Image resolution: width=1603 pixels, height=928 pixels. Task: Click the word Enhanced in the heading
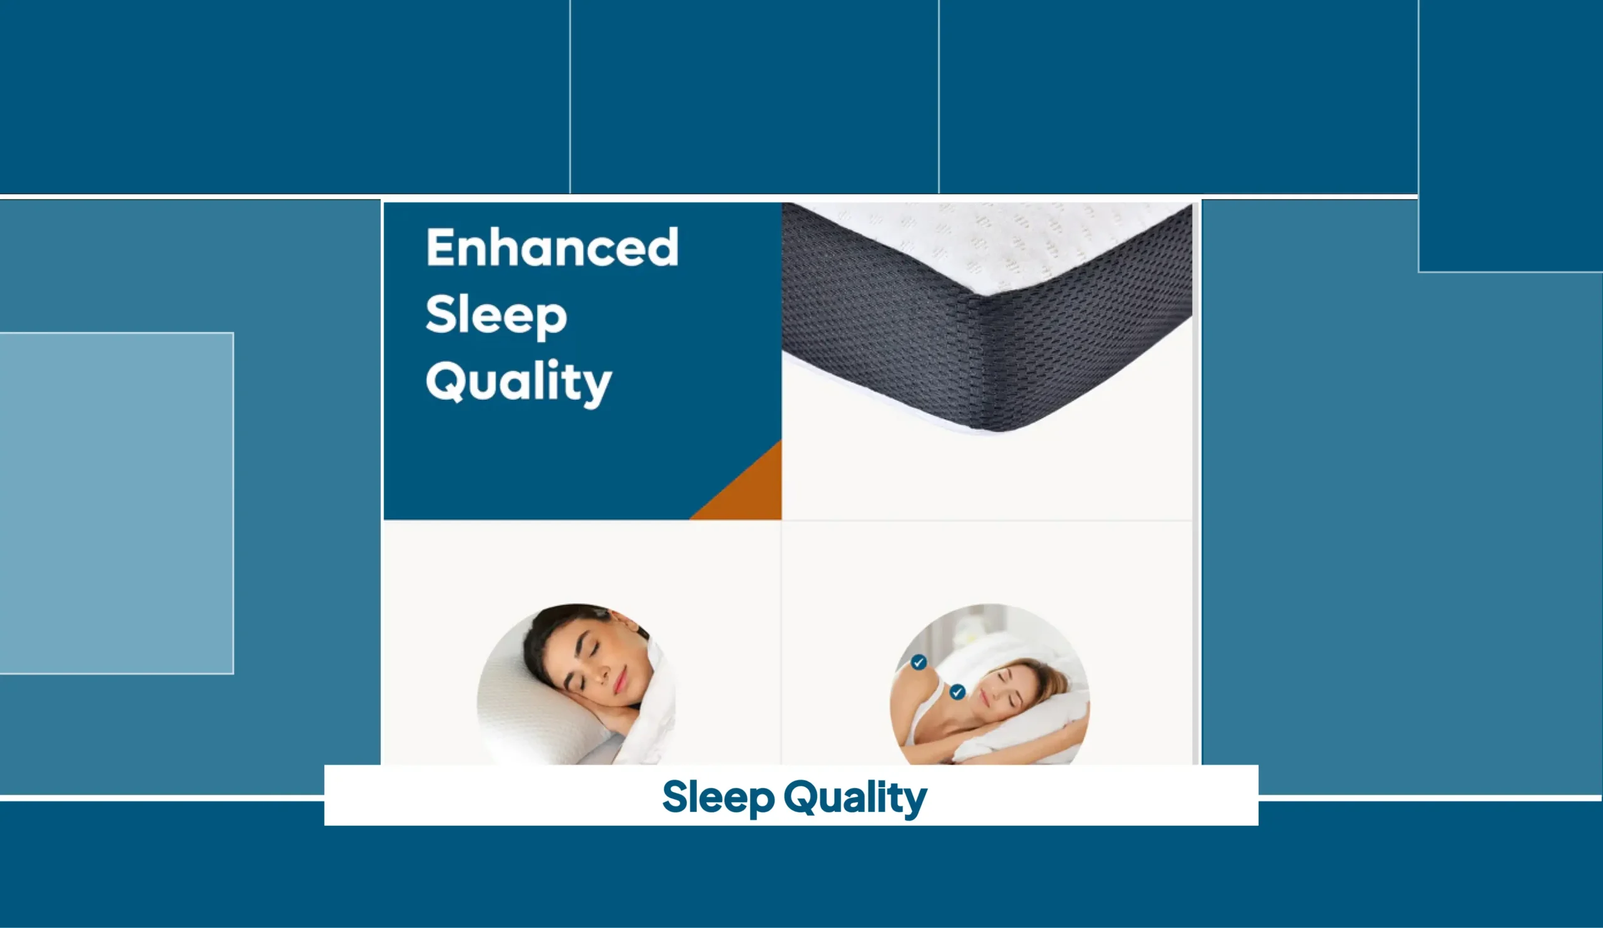(552, 247)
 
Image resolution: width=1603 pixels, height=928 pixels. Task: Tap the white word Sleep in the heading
(496, 316)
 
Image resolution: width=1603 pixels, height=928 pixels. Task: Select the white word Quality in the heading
(518, 383)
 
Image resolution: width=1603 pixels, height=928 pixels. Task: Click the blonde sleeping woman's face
(999, 691)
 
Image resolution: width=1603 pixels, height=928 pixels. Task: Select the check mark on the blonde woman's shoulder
(918, 662)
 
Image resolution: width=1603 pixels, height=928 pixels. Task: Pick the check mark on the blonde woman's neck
(957, 692)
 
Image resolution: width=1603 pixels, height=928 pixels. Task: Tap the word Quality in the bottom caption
(855, 798)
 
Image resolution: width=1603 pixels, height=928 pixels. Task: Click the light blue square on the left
(116, 503)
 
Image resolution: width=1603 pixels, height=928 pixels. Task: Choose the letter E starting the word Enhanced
(441, 247)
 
